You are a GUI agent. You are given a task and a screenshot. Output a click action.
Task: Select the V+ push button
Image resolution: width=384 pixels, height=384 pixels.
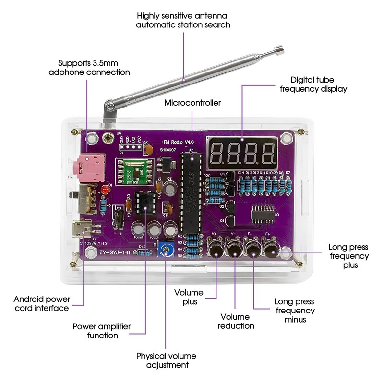[216, 250]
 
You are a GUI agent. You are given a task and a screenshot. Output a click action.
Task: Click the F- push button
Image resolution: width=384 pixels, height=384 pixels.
[253, 250]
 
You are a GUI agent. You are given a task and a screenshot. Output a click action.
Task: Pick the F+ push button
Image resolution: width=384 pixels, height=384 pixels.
[272, 250]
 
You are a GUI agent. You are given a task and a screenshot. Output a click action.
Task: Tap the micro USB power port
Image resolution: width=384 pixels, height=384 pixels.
[80, 229]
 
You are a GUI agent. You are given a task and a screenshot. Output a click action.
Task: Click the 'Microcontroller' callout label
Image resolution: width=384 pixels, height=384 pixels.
[192, 103]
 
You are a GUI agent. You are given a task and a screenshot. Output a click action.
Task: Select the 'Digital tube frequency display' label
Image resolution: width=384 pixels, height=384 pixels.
[319, 84]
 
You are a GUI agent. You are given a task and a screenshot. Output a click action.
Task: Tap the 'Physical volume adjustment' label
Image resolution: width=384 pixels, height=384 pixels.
[166, 360]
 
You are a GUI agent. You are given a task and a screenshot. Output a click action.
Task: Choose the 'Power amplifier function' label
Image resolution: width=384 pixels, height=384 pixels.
[101, 331]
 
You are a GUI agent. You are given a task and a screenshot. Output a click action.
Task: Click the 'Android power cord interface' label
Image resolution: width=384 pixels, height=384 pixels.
[41, 303]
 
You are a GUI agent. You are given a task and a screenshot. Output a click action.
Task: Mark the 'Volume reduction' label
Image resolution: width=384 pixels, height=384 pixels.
[235, 321]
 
